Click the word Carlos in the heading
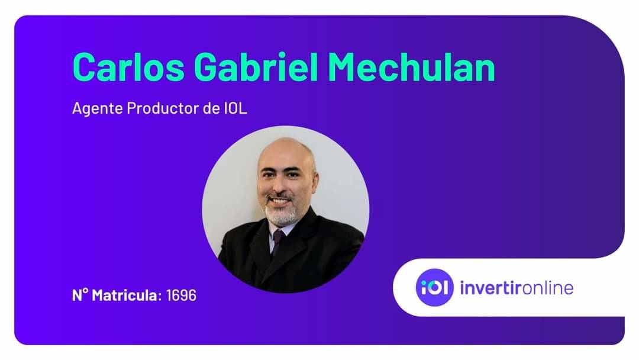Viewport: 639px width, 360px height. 129,67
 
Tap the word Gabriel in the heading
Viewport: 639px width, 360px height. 256,67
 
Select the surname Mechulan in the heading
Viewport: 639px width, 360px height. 412,67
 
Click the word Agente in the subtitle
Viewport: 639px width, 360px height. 98,109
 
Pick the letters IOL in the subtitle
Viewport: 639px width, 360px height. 235,108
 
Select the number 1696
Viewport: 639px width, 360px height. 182,295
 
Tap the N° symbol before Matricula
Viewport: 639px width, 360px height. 80,295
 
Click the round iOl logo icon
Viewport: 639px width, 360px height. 434,287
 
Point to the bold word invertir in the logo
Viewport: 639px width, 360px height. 490,288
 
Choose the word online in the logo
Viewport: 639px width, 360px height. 548,288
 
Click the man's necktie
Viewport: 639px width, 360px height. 278,243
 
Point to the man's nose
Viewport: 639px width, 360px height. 278,185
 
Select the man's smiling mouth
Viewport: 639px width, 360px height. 279,201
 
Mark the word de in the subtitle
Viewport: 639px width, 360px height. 211,108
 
